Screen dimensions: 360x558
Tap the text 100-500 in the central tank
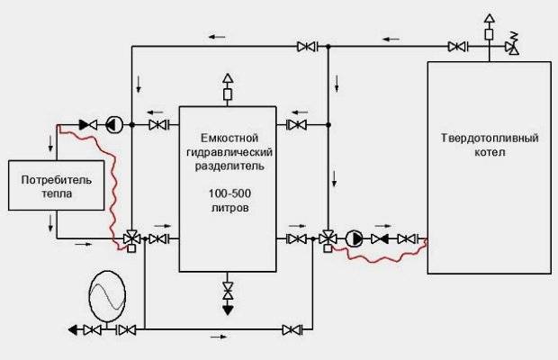(x=226, y=193)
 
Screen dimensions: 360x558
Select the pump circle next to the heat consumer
(x=112, y=124)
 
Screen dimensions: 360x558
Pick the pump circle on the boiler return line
(x=355, y=238)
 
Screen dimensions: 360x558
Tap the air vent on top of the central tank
(x=227, y=88)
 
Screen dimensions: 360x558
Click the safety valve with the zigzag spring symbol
(x=514, y=44)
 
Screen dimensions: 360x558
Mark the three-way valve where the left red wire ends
(x=131, y=238)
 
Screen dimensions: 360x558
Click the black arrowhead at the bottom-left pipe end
(x=72, y=329)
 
